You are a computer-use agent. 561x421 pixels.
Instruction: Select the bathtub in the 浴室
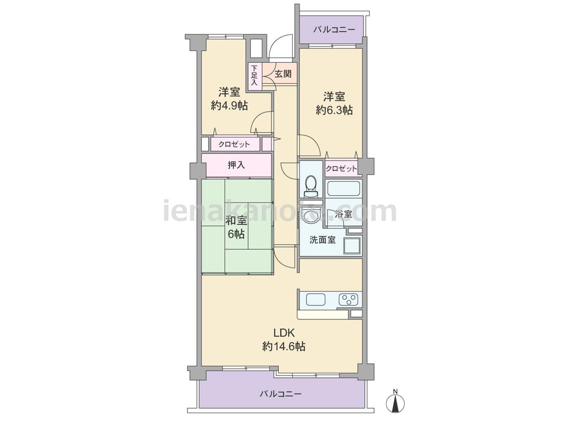[343, 188]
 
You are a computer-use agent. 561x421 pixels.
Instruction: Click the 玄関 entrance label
[282, 74]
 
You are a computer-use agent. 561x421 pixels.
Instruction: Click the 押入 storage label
[236, 165]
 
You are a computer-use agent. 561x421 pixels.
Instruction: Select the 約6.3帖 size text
[334, 111]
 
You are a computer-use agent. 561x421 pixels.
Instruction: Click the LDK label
[283, 332]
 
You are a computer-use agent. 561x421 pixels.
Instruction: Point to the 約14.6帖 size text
[283, 346]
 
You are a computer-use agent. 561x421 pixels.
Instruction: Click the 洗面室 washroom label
[323, 240]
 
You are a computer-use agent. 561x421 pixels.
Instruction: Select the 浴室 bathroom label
[343, 214]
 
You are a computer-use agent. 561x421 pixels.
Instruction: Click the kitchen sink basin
[316, 300]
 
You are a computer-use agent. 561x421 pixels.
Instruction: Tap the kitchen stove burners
[350, 299]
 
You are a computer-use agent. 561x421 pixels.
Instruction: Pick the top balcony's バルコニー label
[334, 29]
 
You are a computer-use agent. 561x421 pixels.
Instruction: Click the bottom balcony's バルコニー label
[280, 393]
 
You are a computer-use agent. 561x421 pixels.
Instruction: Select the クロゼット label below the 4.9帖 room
[234, 144]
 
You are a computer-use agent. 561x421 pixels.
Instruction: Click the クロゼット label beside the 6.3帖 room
[342, 169]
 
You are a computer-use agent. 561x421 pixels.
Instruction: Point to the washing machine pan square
[352, 246]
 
